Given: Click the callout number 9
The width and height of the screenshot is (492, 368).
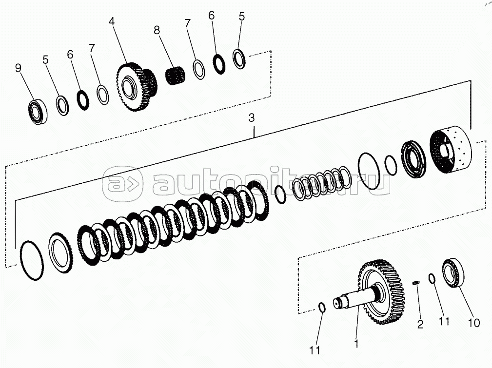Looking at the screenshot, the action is [x=18, y=67].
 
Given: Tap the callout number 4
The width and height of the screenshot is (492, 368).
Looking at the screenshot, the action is [x=111, y=21].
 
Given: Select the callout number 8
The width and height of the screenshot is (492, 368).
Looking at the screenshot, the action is [x=157, y=30].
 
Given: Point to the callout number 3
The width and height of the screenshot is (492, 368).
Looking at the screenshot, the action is [x=251, y=118].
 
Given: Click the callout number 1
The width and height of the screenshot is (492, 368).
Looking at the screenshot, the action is [x=356, y=344].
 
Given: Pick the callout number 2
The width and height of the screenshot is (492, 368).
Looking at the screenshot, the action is [x=420, y=324].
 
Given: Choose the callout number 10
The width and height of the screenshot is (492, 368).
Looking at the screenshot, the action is [x=474, y=323].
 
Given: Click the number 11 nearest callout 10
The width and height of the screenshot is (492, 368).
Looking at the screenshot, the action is [x=444, y=321].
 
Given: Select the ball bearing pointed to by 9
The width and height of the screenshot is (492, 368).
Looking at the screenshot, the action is [x=39, y=111].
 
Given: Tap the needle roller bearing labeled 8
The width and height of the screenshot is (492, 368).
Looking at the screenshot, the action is [x=175, y=76].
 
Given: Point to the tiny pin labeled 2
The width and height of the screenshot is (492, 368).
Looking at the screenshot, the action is [x=416, y=283].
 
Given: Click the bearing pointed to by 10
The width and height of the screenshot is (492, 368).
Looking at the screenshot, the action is [x=453, y=272].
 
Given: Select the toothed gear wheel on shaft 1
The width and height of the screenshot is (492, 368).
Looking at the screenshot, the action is [x=381, y=291].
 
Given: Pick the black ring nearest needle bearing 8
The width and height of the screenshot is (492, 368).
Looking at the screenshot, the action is [x=219, y=64].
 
